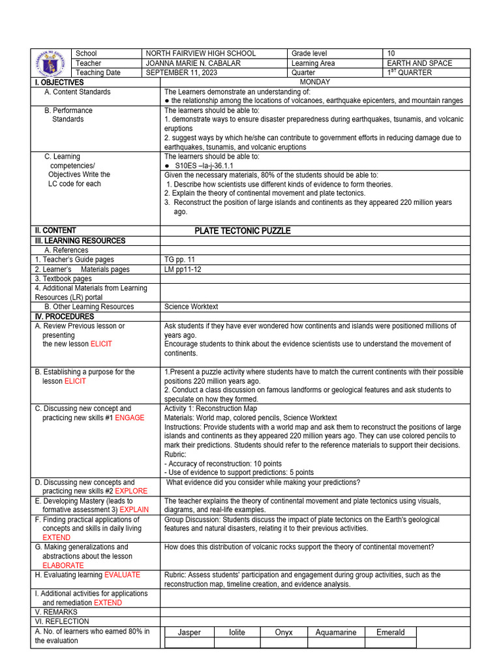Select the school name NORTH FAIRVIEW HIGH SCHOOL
tap(200, 53)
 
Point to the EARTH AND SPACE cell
tap(419, 63)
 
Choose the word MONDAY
tap(314, 82)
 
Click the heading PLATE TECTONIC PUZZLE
tap(243, 231)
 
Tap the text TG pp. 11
tap(179, 260)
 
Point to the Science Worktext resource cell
tap(191, 307)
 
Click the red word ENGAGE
tap(130, 418)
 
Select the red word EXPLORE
tap(131, 491)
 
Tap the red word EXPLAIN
tap(133, 510)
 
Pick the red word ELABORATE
tap(63, 566)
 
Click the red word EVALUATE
tap(122, 575)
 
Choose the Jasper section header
tap(189, 632)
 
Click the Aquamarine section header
tap(335, 632)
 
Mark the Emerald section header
tap(390, 632)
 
